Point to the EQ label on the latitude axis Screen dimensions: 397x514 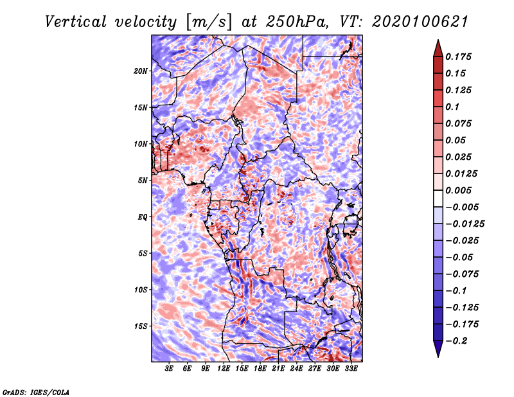[143, 217]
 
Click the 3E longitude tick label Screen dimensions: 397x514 [170, 369]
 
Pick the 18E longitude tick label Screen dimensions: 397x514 [260, 369]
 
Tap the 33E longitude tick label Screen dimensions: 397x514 [351, 369]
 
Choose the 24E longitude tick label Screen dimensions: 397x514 [297, 369]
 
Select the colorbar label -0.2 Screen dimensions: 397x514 [458, 340]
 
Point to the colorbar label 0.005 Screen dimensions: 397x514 [460, 190]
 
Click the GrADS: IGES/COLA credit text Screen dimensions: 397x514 [36, 391]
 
